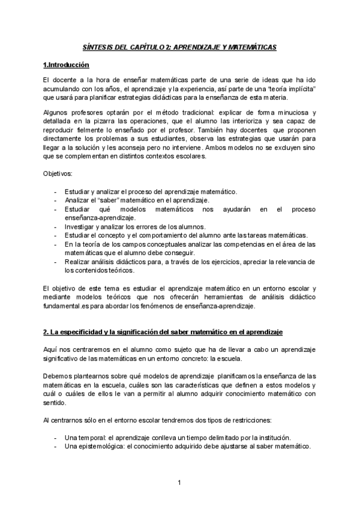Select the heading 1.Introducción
(66, 65)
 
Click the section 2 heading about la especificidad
(164, 332)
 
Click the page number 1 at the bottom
(179, 483)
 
